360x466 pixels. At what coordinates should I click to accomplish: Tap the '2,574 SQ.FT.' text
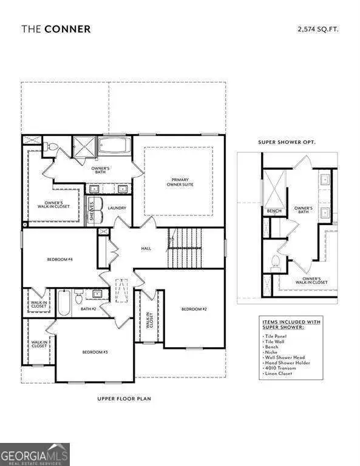(x=318, y=28)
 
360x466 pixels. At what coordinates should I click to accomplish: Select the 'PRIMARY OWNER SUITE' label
(x=180, y=183)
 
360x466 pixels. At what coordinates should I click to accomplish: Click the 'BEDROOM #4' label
(x=60, y=260)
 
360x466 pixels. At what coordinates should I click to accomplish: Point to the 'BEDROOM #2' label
(x=194, y=309)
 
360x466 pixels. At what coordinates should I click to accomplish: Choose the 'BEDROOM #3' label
(x=96, y=352)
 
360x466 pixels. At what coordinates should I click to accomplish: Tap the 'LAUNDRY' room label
(x=117, y=208)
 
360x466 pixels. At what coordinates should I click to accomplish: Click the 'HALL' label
(x=146, y=248)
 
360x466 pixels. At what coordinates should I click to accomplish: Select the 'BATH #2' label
(x=89, y=308)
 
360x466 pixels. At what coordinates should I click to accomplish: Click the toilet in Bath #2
(x=78, y=297)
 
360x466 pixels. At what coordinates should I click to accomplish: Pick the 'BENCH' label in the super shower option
(x=273, y=211)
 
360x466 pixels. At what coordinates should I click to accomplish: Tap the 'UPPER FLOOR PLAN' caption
(x=124, y=399)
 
